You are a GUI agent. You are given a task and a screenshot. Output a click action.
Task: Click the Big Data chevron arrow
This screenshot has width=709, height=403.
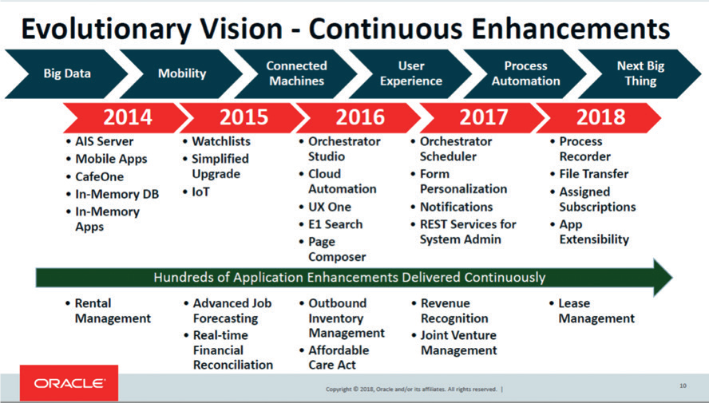coord(66,73)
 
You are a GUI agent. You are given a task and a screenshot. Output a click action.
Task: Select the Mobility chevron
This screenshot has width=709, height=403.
coord(181,73)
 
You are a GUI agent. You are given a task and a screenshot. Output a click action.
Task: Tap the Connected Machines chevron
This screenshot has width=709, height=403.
coord(296,73)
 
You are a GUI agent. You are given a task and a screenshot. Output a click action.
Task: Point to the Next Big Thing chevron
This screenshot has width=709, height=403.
coord(640,73)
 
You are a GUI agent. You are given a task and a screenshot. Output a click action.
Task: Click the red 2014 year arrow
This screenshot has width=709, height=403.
coord(127,117)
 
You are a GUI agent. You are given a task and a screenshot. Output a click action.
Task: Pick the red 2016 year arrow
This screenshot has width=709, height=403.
coord(360,117)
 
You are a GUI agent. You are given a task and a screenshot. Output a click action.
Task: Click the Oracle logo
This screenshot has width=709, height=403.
coord(69,383)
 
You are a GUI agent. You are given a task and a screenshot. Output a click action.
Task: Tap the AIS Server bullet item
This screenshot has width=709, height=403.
coord(100,141)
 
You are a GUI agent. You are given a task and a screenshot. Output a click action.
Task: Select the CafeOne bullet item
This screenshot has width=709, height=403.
coord(94,176)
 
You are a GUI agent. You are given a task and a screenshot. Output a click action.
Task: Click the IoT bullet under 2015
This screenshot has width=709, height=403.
coord(196,192)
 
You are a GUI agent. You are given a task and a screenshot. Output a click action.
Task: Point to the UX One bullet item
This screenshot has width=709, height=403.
coord(325,207)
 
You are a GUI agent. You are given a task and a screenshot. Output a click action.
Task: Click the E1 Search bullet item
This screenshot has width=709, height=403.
coord(331,224)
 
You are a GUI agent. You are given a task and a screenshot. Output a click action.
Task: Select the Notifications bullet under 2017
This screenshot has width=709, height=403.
coord(452,207)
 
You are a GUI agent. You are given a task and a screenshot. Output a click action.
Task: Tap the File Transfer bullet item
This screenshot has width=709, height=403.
coord(589,174)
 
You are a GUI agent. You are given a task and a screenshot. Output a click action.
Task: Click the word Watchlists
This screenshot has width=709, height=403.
coord(221,141)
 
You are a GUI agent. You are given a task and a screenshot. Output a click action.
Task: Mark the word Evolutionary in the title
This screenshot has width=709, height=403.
coord(107,29)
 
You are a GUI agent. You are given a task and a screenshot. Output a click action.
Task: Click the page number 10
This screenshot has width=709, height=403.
coord(683,385)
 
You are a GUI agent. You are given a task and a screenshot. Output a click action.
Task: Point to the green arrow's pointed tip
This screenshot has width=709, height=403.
coord(672,278)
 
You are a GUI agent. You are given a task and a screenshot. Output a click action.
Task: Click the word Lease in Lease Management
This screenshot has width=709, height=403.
coord(574,303)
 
